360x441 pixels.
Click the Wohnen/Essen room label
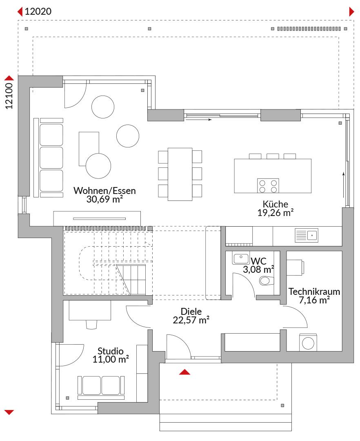click(x=104, y=191)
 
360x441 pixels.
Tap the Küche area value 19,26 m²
click(x=276, y=213)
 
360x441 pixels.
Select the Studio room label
click(x=111, y=351)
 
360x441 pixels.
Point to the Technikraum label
click(x=314, y=292)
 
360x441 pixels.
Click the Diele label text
click(x=191, y=311)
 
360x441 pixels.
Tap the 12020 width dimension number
click(x=38, y=11)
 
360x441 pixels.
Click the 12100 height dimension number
click(x=9, y=96)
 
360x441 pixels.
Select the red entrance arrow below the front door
click(x=184, y=372)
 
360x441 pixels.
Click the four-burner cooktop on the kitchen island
click(x=268, y=186)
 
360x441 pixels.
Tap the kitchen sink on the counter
click(x=306, y=235)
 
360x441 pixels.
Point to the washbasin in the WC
click(x=241, y=258)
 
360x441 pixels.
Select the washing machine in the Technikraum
click(x=308, y=343)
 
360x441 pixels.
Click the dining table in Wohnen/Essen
click(x=180, y=174)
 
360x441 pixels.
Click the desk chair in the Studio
click(x=91, y=324)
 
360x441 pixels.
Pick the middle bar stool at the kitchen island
click(x=273, y=156)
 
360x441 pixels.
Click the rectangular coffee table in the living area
click(x=89, y=149)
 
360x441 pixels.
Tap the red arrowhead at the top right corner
click(x=351, y=12)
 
